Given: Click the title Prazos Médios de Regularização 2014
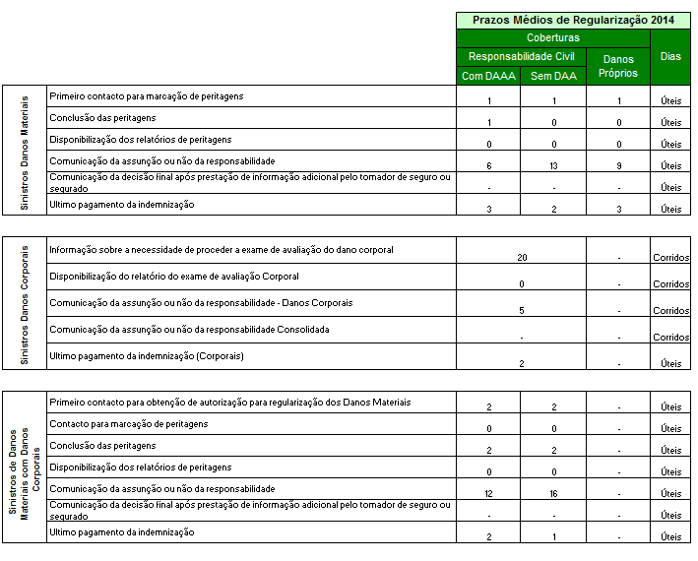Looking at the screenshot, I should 572,20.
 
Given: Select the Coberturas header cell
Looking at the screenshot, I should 552,37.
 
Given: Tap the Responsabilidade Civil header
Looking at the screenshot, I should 521,56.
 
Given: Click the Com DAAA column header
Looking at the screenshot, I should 488,76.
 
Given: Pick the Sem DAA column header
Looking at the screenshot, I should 553,76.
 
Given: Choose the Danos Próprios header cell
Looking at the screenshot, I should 618,66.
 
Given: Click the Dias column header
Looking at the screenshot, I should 670,56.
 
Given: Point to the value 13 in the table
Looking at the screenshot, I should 554,165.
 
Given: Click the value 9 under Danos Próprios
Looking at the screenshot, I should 618,165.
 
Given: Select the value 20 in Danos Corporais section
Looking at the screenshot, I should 523,257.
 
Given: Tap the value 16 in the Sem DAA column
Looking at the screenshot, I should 554,493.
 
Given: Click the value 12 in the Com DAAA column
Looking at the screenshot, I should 489,493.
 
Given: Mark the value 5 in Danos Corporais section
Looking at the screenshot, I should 523,310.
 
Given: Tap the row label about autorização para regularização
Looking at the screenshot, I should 229,403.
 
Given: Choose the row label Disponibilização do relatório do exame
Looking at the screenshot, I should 173,276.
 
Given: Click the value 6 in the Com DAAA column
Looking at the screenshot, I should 489,165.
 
